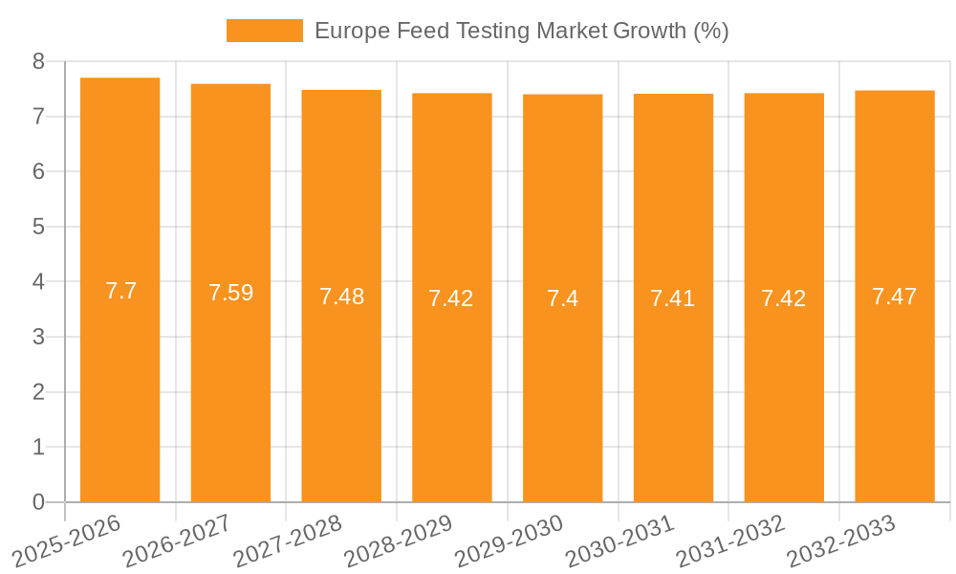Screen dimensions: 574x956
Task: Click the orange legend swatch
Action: tap(264, 31)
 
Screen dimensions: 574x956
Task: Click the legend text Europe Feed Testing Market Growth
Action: tap(521, 31)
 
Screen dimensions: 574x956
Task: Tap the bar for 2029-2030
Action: tap(562, 383)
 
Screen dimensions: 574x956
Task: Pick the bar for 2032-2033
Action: tap(895, 383)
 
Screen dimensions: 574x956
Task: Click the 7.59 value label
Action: tap(230, 293)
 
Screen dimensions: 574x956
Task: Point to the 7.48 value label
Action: tap(341, 297)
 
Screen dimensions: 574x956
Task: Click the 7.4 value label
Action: tap(562, 298)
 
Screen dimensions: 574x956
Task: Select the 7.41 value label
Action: tap(673, 298)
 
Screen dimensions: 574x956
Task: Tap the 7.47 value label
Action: tap(895, 297)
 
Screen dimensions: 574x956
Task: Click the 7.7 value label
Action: tap(120, 291)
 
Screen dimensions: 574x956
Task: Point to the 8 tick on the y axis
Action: tap(38, 61)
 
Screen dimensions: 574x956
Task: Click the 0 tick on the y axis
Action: tap(38, 502)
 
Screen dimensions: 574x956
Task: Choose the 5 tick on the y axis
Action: tap(38, 227)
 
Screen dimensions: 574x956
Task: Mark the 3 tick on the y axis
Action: tap(38, 337)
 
